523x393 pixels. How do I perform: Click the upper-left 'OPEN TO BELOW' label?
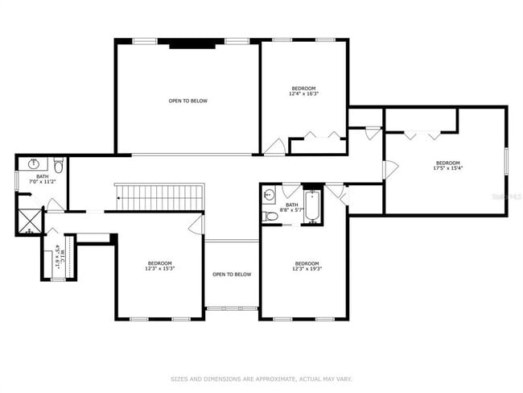[187, 101]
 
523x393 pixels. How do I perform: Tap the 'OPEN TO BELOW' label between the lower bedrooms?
[232, 275]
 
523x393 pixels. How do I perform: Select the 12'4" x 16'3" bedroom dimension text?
[303, 93]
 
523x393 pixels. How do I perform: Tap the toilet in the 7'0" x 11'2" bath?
[59, 164]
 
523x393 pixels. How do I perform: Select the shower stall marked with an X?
[30, 221]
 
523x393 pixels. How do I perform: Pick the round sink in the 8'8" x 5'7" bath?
[270, 193]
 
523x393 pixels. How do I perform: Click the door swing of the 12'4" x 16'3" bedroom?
[274, 147]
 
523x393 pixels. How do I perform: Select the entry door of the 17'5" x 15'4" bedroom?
[389, 170]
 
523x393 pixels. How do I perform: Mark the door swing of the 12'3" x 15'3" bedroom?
[196, 224]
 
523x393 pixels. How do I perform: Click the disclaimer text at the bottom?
[260, 378]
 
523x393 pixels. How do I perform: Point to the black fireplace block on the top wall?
[191, 43]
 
